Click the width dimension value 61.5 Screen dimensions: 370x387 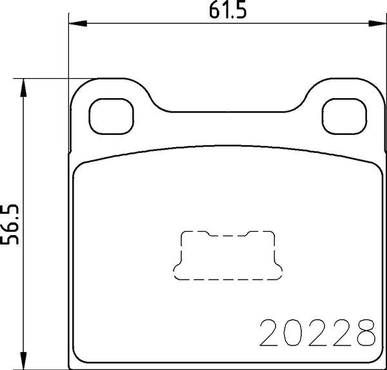pyautogui.click(x=219, y=10)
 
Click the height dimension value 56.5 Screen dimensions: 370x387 pyautogui.click(x=11, y=223)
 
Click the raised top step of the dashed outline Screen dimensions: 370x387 pyautogui.click(x=226, y=234)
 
